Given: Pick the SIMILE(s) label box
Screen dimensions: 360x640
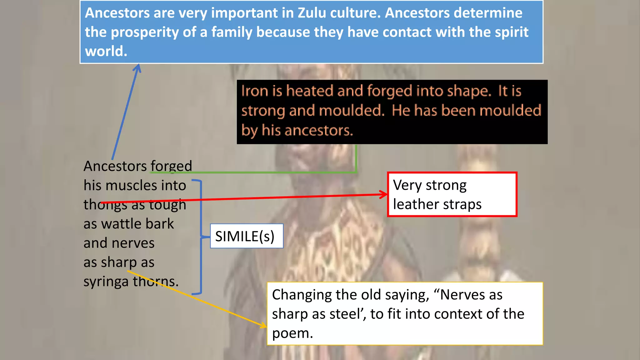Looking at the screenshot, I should pos(246,236).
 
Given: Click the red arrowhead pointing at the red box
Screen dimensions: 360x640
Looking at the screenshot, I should pos(384,194).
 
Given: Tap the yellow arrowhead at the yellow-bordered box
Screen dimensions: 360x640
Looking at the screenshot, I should pos(263,325).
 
